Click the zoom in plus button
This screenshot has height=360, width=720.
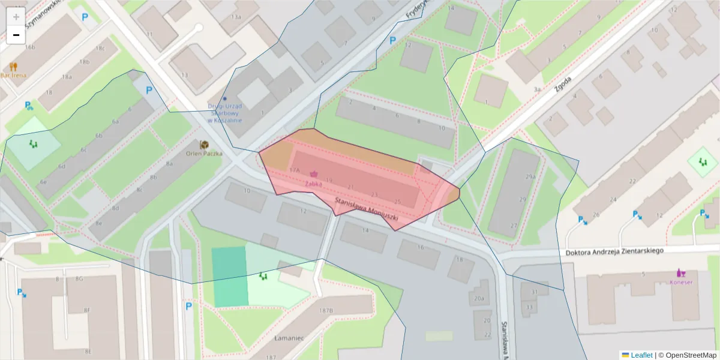[16, 17]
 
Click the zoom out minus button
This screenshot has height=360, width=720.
[16, 35]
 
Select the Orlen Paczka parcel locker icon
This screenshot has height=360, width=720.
[204, 145]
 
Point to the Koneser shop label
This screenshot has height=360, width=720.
[682, 282]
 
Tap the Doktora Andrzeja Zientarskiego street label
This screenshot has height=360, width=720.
[614, 251]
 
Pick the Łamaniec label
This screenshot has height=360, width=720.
[289, 338]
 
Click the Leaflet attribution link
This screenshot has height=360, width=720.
[641, 355]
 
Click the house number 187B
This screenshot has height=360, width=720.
[326, 310]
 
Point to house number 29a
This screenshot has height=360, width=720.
[530, 177]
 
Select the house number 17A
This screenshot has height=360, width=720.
[294, 170]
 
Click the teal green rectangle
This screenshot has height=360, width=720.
[230, 276]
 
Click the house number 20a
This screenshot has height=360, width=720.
[479, 298]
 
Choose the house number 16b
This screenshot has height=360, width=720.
[30, 47]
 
